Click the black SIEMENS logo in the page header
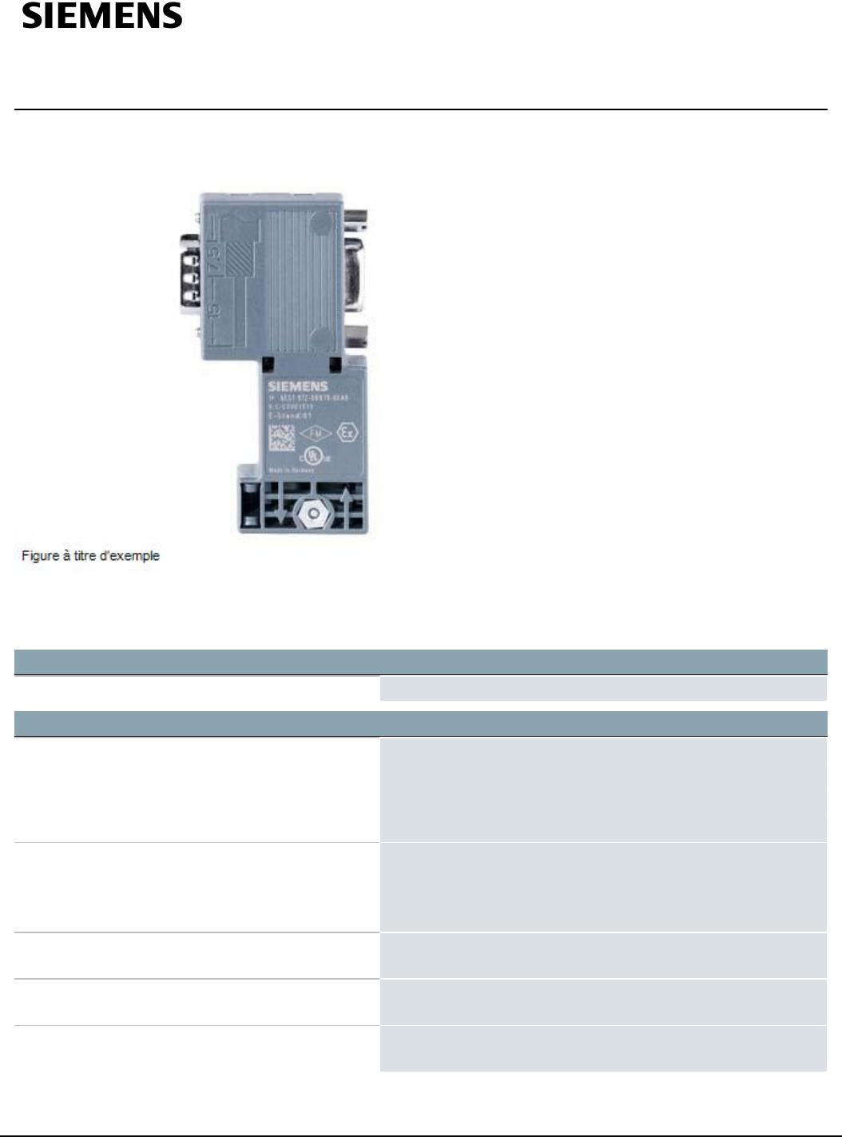102,17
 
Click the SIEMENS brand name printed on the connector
297,387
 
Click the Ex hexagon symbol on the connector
346,433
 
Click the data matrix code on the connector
280,437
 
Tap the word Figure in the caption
39,556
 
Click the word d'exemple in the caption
133,556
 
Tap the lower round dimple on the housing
320,338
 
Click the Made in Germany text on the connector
291,471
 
